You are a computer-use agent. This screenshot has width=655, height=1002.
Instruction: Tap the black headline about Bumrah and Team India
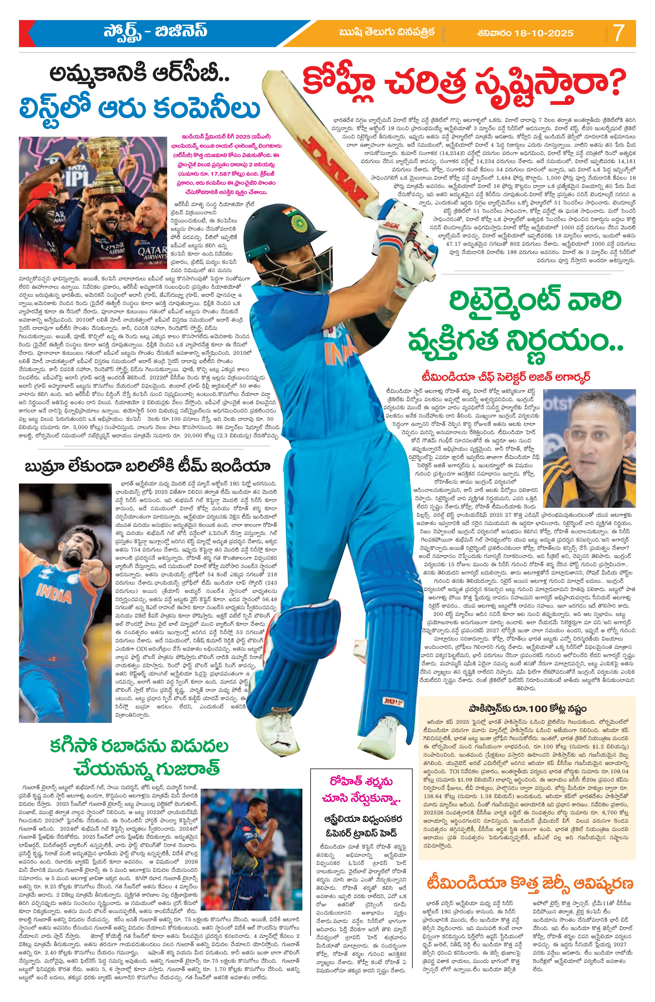(147, 467)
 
